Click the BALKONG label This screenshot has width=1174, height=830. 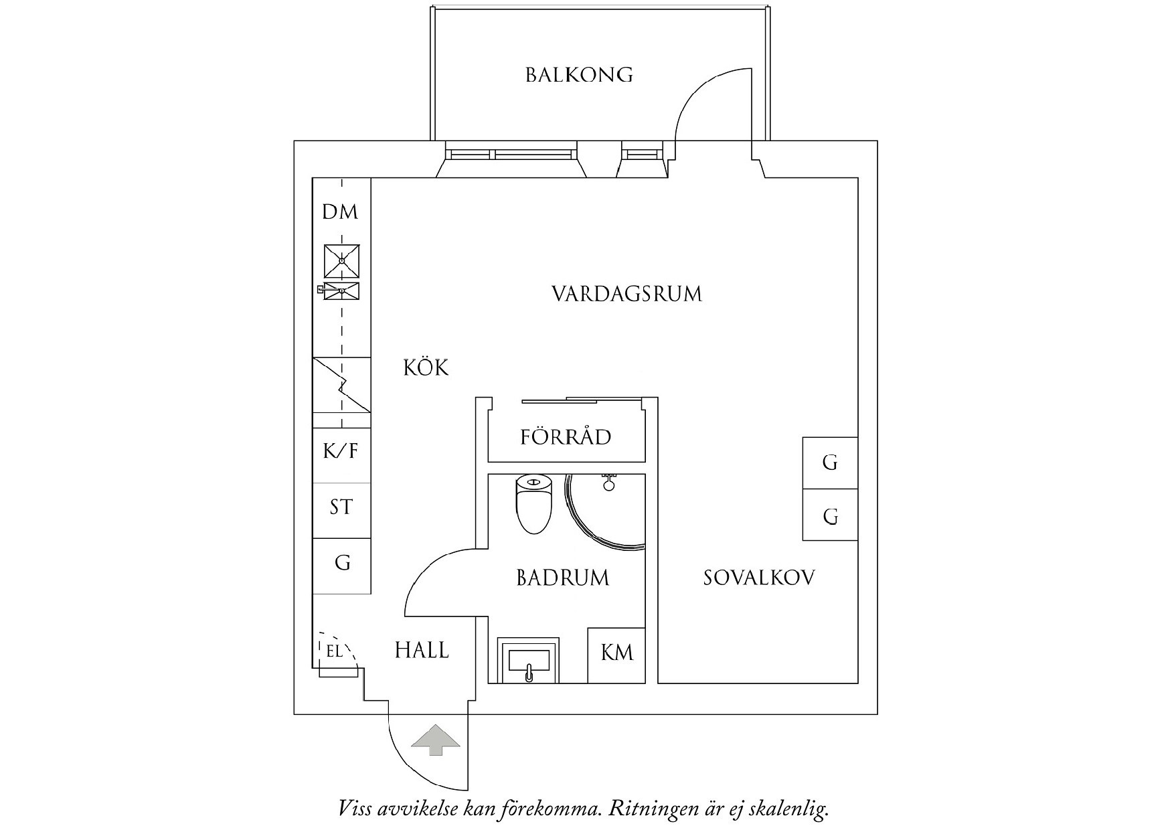tap(579, 74)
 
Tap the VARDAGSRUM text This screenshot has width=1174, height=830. tap(626, 294)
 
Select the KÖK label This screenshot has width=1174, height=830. tap(426, 367)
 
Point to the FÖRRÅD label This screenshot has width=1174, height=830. tap(566, 437)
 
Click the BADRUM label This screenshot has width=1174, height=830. tap(563, 578)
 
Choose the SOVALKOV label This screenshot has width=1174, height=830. tap(759, 578)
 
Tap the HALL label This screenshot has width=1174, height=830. tap(422, 650)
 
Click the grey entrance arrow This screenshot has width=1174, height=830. tap(436, 739)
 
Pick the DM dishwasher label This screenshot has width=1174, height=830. tap(340, 212)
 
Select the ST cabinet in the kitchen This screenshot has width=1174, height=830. tap(341, 507)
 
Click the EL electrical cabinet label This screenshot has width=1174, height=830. tap(334, 650)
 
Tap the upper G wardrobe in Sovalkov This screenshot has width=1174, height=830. tap(830, 463)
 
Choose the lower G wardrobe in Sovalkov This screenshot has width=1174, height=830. tap(830, 515)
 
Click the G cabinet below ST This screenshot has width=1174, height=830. tap(342, 563)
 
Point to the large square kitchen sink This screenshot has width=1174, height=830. tap(341, 261)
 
